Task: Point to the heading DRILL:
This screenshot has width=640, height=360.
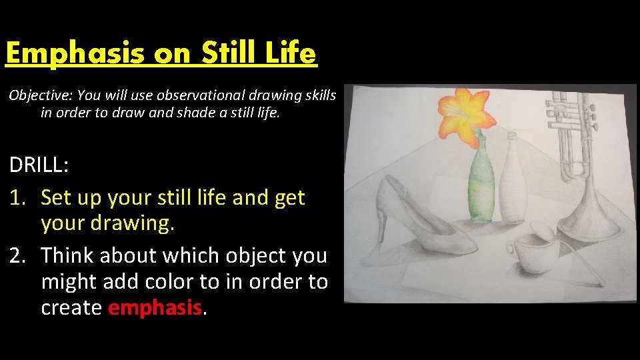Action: (38, 165)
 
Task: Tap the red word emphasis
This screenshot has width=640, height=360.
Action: (154, 307)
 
